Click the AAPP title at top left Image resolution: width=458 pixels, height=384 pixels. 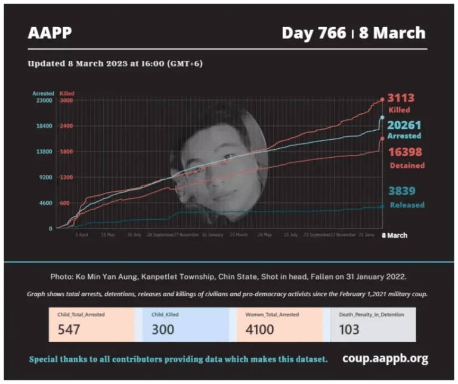[x=49, y=32]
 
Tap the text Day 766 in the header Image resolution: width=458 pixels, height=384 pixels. [x=314, y=32]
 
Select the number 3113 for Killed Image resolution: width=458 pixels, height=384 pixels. [x=401, y=99]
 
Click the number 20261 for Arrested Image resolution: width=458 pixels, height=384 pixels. [x=405, y=125]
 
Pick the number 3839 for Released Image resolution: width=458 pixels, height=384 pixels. [x=402, y=191]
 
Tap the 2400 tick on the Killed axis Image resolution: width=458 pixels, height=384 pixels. [x=66, y=126]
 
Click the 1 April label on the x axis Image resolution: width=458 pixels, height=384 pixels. [x=82, y=235]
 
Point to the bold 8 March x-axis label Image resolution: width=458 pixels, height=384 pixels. [x=394, y=235]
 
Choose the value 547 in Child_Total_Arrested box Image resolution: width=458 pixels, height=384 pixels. [x=70, y=329]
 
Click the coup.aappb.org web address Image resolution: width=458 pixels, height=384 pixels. [x=385, y=358]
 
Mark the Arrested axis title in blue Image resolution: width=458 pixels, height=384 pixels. [x=43, y=93]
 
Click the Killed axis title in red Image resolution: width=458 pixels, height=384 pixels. [x=67, y=93]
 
